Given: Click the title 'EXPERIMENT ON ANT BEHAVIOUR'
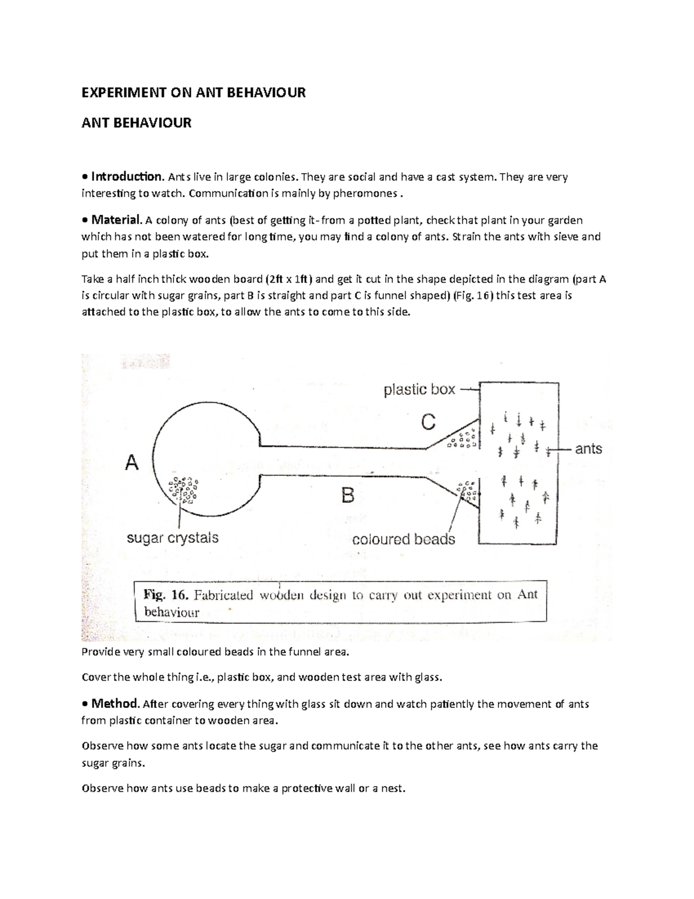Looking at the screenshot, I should [193, 93].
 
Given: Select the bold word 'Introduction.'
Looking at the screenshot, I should [127, 177].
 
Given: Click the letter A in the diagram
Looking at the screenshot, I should [132, 463].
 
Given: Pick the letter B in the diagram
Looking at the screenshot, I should [348, 496].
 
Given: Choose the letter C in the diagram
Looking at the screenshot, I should [428, 423].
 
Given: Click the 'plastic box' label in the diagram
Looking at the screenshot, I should [419, 390].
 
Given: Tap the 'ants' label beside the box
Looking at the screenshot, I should [588, 449].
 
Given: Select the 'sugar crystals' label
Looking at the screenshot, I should [172, 538].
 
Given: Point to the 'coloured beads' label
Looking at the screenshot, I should [404, 540].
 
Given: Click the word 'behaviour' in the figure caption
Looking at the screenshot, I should [172, 612].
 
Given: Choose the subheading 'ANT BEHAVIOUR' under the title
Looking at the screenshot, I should [136, 123].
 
